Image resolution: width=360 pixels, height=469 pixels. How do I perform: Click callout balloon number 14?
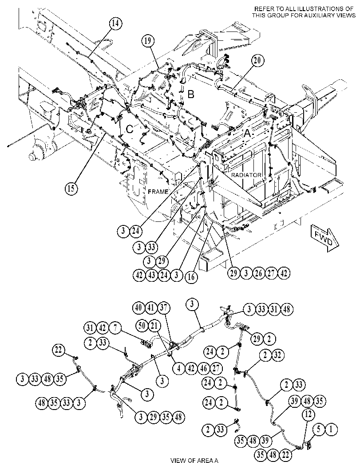[x=116, y=24]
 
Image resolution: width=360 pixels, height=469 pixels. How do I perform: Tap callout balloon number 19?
[x=148, y=41]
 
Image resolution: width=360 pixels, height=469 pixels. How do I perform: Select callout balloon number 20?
[x=257, y=61]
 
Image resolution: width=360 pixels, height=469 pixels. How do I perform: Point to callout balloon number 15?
[x=71, y=188]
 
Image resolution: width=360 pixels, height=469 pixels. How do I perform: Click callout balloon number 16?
[x=191, y=276]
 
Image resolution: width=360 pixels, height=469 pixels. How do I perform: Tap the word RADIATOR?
[x=246, y=175]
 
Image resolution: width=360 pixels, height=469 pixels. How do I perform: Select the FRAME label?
[x=158, y=192]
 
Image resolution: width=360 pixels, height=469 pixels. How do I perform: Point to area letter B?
[x=190, y=95]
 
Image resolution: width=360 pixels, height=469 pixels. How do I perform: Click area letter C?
[x=129, y=129]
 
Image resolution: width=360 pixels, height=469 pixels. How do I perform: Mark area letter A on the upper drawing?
[x=247, y=134]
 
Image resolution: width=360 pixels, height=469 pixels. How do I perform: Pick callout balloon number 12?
[x=308, y=414]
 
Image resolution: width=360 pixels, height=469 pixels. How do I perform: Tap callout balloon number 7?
[x=115, y=328]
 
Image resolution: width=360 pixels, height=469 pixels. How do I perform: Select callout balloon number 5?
[x=319, y=430]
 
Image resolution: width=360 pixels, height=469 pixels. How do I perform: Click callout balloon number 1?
[x=331, y=430]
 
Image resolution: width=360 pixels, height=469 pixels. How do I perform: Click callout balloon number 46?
[x=204, y=368]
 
